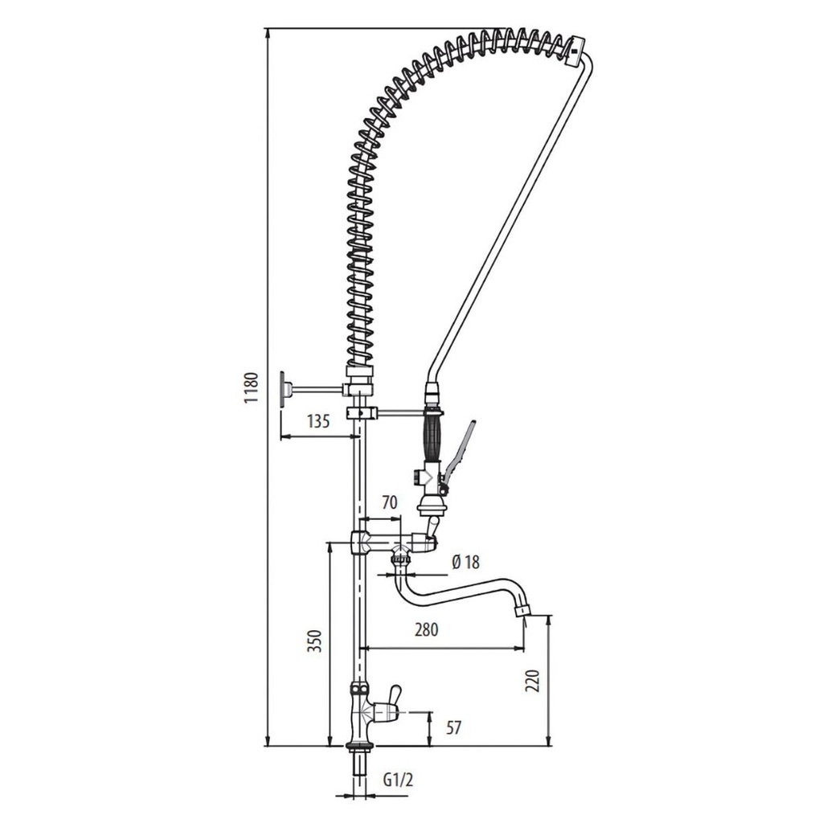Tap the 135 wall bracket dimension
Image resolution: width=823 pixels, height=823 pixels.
pyautogui.click(x=319, y=420)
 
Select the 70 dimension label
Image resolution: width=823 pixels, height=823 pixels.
pyautogui.click(x=389, y=504)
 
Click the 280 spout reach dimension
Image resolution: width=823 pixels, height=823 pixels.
pyautogui.click(x=426, y=630)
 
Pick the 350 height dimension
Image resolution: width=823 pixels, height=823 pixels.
pyautogui.click(x=315, y=640)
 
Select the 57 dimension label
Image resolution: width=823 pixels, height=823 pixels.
pyautogui.click(x=453, y=728)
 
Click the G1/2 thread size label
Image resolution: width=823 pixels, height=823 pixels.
pyautogui.click(x=398, y=779)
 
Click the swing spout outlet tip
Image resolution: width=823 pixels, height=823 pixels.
pyautogui.click(x=524, y=611)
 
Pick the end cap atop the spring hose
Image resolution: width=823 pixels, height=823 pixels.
pyautogui.click(x=576, y=50)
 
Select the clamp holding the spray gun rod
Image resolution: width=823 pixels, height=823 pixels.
pyautogui.click(x=362, y=413)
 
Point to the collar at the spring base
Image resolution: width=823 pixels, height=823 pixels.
pyautogui.click(x=360, y=374)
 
